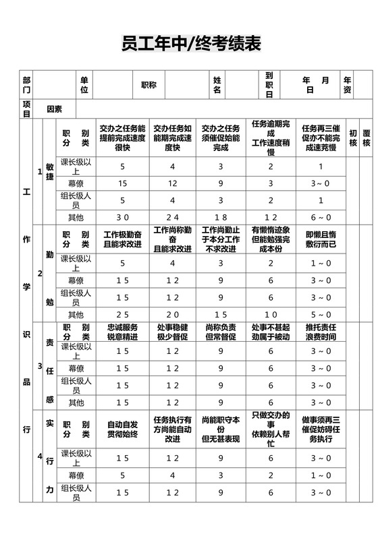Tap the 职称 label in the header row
(x=148, y=85)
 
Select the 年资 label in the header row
(x=347, y=85)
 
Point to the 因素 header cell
(x=54, y=109)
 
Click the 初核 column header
(x=352, y=138)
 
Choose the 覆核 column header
(x=367, y=138)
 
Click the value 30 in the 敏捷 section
(x=122, y=217)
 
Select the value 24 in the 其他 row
(x=172, y=217)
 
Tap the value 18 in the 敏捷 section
(x=221, y=217)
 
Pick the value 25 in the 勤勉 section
(x=122, y=315)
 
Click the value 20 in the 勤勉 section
(x=172, y=315)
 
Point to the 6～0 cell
(x=321, y=217)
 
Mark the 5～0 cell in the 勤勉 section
(x=321, y=315)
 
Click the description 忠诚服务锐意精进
(x=122, y=332)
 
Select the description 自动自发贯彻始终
(x=122, y=429)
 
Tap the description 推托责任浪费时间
(x=321, y=332)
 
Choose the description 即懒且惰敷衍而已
(x=321, y=239)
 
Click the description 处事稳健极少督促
(x=172, y=332)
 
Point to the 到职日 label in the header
(x=269, y=85)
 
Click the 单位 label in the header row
(x=84, y=85)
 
